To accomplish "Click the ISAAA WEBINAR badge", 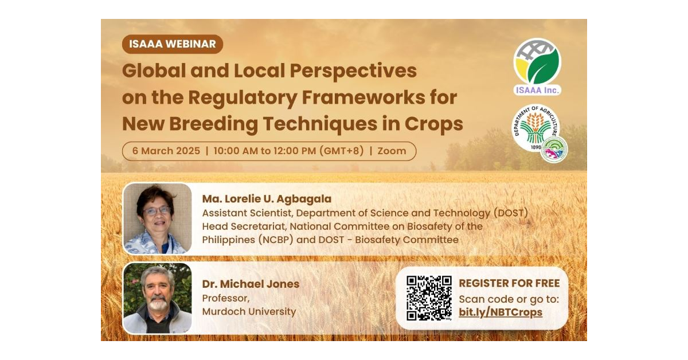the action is (173, 44).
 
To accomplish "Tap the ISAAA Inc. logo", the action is (537, 66).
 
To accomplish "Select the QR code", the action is (429, 298).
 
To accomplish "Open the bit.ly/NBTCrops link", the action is (501, 312).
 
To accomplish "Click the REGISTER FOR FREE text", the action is (509, 283).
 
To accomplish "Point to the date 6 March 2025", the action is (166, 151).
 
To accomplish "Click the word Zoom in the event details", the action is (392, 151).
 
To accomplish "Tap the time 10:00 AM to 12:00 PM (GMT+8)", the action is (288, 151).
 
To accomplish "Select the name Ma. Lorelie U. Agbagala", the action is (267, 199).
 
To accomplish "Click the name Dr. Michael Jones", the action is (251, 284).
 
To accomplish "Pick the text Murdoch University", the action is (249, 311).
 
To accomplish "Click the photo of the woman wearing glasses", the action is (157, 218).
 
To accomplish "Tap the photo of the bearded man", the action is (157, 298).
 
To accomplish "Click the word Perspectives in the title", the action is (353, 71).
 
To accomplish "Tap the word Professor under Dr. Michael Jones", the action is (226, 298).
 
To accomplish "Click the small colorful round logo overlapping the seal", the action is (554, 150).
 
